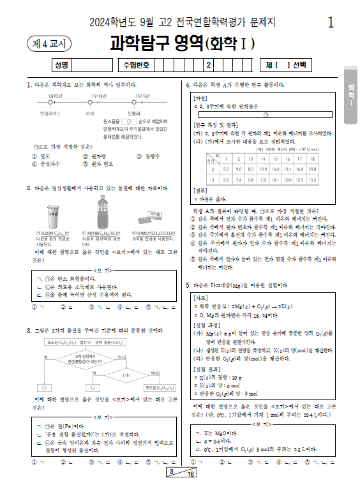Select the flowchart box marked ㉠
(x=55, y=387)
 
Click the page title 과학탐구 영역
(x=155, y=43)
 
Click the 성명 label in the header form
(x=61, y=64)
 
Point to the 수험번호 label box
(x=135, y=64)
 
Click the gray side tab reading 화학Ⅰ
(x=351, y=96)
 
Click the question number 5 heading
(x=188, y=285)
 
